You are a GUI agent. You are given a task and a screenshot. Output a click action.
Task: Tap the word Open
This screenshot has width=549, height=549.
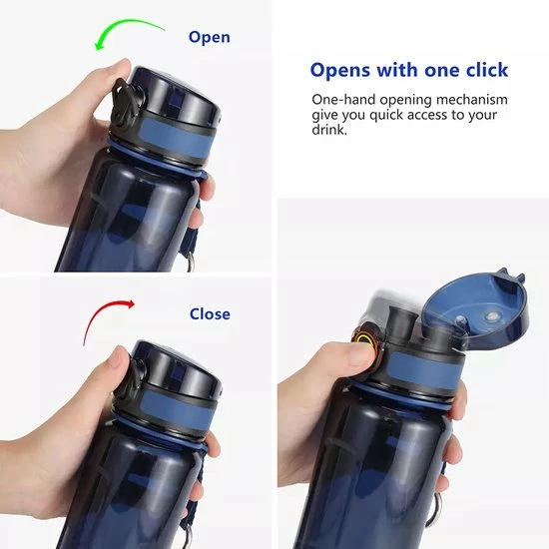click(x=209, y=37)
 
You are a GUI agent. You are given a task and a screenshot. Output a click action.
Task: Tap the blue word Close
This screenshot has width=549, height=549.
click(x=210, y=313)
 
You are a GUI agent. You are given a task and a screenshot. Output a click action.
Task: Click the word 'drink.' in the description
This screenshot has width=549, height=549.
click(x=329, y=130)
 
